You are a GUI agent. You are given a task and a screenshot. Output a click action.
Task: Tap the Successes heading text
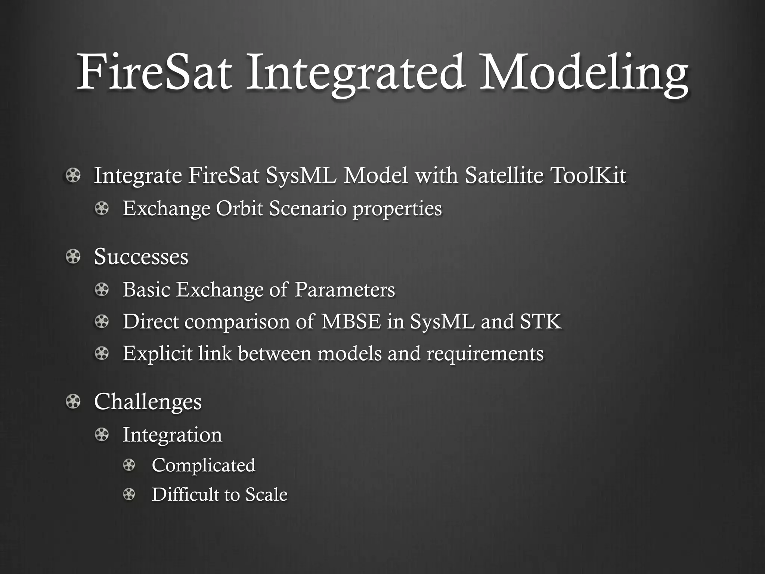click(141, 257)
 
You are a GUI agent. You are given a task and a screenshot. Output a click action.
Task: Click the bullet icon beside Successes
click(73, 257)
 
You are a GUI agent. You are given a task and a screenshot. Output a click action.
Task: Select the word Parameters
click(344, 290)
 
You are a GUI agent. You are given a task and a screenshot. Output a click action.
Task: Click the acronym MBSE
click(351, 321)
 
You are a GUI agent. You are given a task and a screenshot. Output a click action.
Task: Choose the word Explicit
click(157, 354)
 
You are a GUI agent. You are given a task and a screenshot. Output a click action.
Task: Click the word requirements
click(485, 354)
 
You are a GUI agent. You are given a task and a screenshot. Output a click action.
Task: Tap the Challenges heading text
click(148, 402)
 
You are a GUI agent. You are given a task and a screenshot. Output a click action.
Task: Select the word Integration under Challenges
click(172, 435)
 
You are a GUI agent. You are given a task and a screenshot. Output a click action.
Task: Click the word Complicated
click(204, 465)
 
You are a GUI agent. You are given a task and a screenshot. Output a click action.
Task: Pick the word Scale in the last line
click(266, 495)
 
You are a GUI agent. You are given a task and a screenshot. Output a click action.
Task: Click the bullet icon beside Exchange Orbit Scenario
click(102, 209)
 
